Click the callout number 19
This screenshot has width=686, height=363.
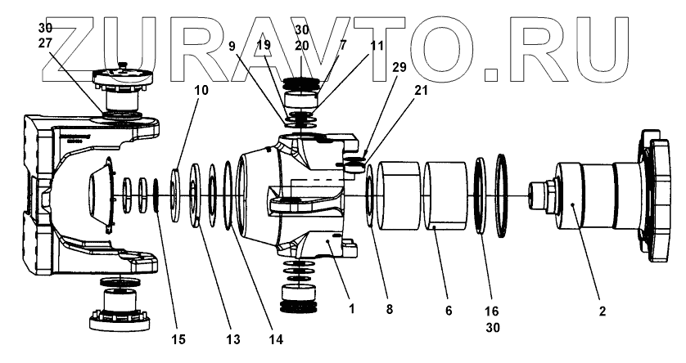pyautogui.click(x=262, y=47)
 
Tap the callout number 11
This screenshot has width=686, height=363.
pyautogui.click(x=377, y=47)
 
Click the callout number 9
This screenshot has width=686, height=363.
pyautogui.click(x=233, y=47)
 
